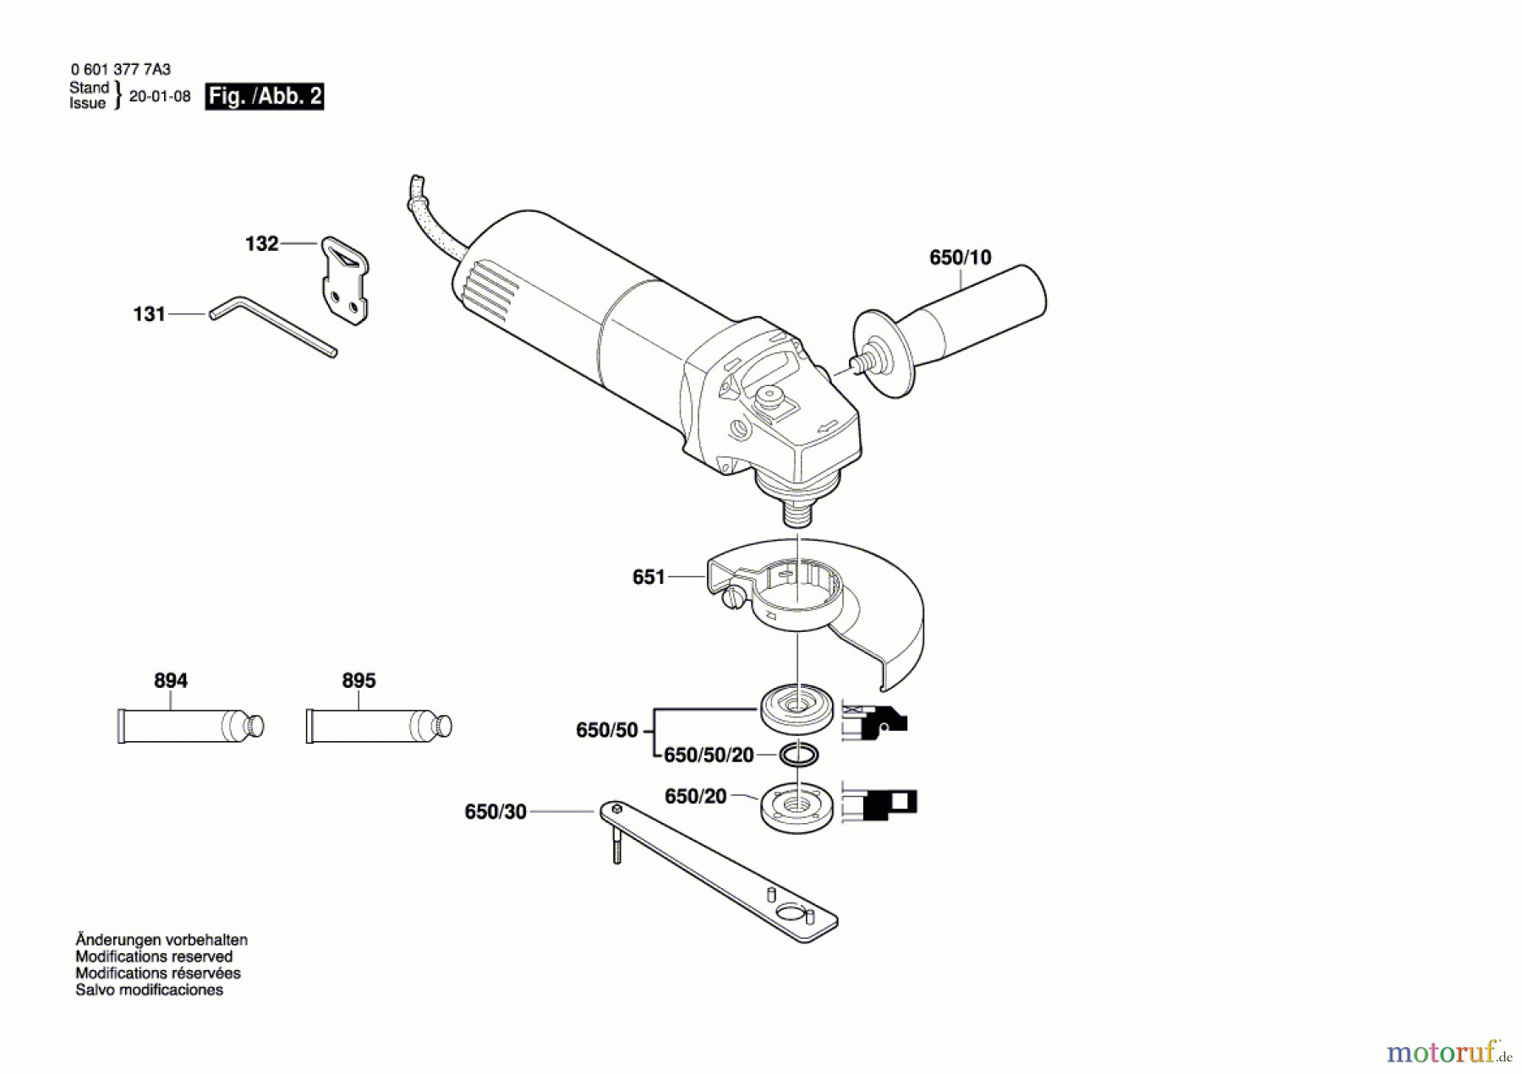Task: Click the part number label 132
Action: pyautogui.click(x=261, y=244)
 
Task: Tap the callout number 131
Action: pyautogui.click(x=150, y=314)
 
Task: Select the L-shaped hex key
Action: pyautogui.click(x=272, y=326)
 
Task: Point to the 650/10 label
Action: pyautogui.click(x=961, y=258)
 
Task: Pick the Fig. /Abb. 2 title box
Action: pyautogui.click(x=265, y=96)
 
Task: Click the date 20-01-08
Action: pyautogui.click(x=160, y=96)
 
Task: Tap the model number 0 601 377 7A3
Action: pyautogui.click(x=121, y=70)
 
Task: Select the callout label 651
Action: pyautogui.click(x=649, y=577)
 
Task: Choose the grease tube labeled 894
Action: pyautogui.click(x=190, y=726)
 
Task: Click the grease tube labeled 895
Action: pyautogui.click(x=379, y=726)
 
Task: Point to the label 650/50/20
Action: pyautogui.click(x=709, y=755)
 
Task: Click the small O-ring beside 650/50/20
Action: pyautogui.click(x=798, y=755)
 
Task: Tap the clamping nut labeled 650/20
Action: pyautogui.click(x=797, y=809)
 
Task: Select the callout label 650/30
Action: pyautogui.click(x=495, y=812)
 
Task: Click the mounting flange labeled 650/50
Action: pyautogui.click(x=797, y=707)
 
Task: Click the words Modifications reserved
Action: pyautogui.click(x=154, y=957)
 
